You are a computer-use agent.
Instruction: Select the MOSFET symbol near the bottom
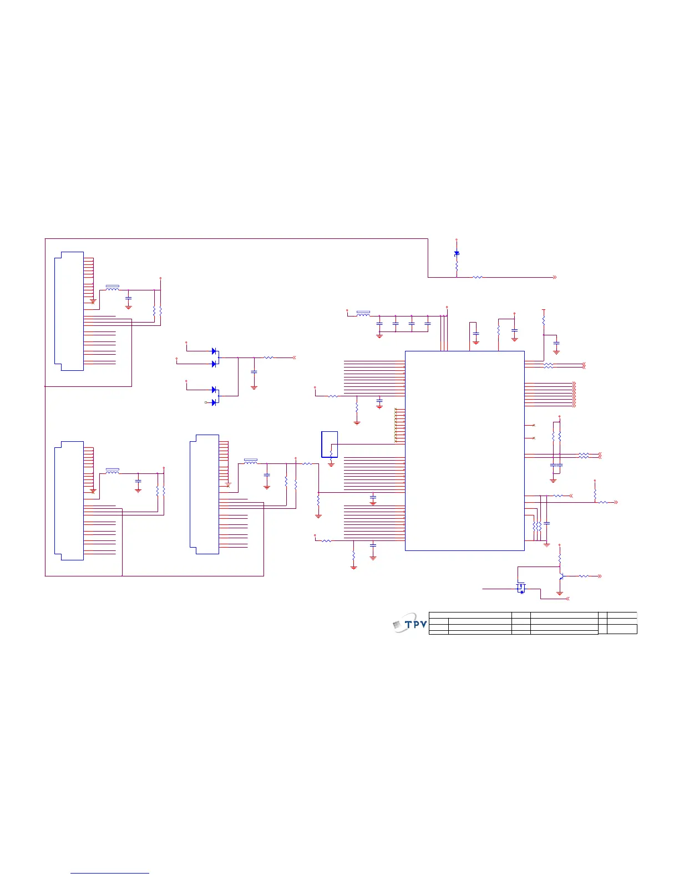(x=521, y=588)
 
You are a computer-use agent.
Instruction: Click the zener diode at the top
(x=457, y=253)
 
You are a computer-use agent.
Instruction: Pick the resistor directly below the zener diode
(x=457, y=267)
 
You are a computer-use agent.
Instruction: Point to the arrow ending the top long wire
(x=554, y=277)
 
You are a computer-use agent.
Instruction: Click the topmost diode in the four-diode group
(x=214, y=351)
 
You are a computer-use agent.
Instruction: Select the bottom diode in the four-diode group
(x=214, y=402)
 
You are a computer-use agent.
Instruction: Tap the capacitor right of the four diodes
(x=254, y=372)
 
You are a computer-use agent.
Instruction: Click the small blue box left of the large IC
(x=329, y=444)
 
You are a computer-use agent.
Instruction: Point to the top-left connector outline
(x=69, y=311)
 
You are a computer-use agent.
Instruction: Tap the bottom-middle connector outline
(x=205, y=494)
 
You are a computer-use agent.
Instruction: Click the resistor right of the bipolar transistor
(x=584, y=576)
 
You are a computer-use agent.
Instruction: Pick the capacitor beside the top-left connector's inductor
(x=129, y=299)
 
